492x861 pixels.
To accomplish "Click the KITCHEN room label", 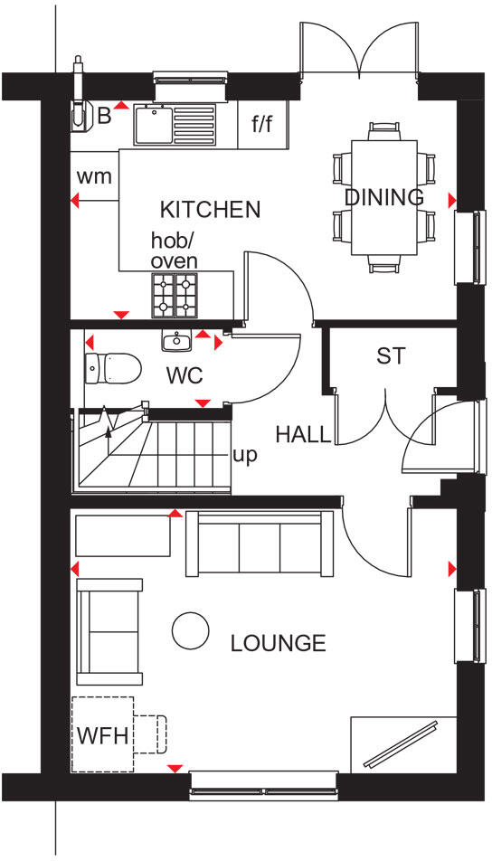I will point(210,210).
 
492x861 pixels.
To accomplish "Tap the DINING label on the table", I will point(383,197).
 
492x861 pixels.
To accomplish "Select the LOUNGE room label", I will point(278,643).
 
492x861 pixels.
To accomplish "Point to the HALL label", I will point(303,435).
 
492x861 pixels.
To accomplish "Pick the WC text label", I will point(184,374).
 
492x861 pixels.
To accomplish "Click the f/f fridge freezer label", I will point(261,125).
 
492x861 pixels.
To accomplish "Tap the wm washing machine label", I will point(94,176).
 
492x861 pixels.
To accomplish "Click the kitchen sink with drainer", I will point(176,125).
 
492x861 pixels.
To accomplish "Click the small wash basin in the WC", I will point(176,341).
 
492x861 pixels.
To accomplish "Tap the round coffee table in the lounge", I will point(190,630).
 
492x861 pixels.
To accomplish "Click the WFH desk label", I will point(102,733).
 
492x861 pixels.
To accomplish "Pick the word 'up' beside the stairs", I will point(244,455).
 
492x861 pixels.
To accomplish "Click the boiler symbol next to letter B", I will point(80,110).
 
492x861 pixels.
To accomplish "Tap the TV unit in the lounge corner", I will point(400,744).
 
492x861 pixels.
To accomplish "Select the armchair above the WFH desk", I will point(109,631).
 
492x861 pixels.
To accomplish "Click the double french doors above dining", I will point(359,50).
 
